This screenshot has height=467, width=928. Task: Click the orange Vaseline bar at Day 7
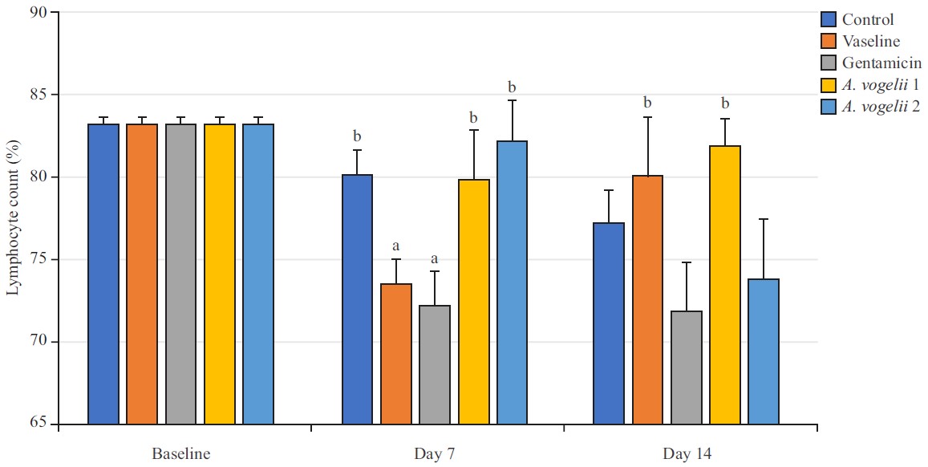(396, 354)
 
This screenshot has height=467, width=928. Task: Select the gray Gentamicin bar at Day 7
(435, 364)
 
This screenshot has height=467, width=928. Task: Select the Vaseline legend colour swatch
(829, 41)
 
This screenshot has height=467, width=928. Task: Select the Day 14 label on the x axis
(687, 454)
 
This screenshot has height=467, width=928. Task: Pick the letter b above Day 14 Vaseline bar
(647, 104)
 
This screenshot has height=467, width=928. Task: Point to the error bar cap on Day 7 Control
(358, 150)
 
